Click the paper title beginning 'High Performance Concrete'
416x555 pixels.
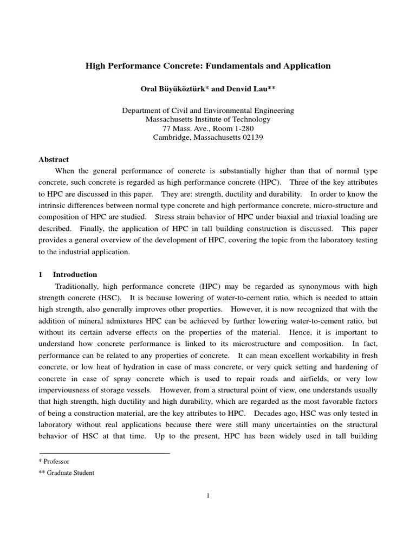click(x=208, y=66)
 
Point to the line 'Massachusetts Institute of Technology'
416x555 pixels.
click(x=208, y=119)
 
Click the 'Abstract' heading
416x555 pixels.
click(x=54, y=159)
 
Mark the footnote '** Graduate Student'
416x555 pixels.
click(x=67, y=473)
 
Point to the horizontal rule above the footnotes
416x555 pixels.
click(x=104, y=453)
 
